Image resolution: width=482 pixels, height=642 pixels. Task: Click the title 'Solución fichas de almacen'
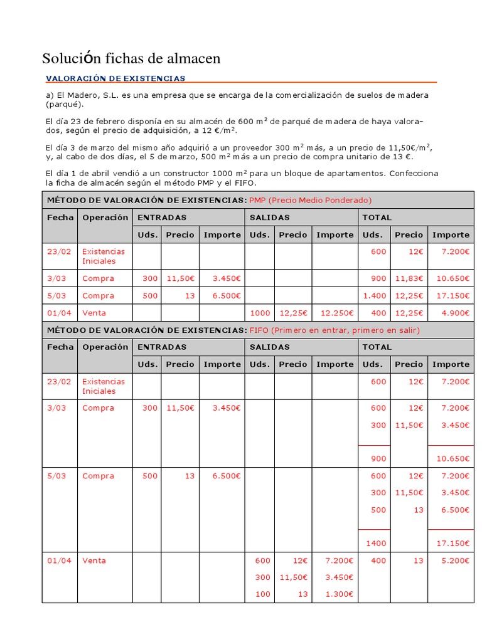(131, 59)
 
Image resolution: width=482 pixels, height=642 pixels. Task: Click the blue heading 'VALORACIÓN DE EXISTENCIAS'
(115, 78)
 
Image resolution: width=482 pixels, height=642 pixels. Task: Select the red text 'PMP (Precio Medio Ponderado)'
(311, 200)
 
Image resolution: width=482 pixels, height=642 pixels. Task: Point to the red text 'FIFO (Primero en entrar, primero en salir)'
(335, 330)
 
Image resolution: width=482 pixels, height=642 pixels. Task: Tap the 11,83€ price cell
(409, 278)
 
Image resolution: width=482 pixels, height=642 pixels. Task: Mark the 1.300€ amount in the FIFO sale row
(339, 594)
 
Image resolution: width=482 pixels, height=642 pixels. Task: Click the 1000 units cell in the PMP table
(260, 313)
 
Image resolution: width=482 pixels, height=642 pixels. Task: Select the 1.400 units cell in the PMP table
(374, 296)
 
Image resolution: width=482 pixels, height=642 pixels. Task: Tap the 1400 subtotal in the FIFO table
(377, 544)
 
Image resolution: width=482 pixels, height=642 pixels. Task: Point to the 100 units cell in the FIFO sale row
(262, 594)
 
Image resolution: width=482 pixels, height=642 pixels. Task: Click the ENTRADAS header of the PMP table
(161, 218)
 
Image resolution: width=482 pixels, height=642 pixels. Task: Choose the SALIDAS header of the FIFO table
(270, 347)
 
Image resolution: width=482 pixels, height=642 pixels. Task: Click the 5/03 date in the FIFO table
(56, 476)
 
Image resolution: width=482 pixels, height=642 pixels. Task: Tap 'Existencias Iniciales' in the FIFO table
(104, 386)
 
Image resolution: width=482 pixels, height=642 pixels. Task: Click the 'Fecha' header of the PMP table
(60, 218)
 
